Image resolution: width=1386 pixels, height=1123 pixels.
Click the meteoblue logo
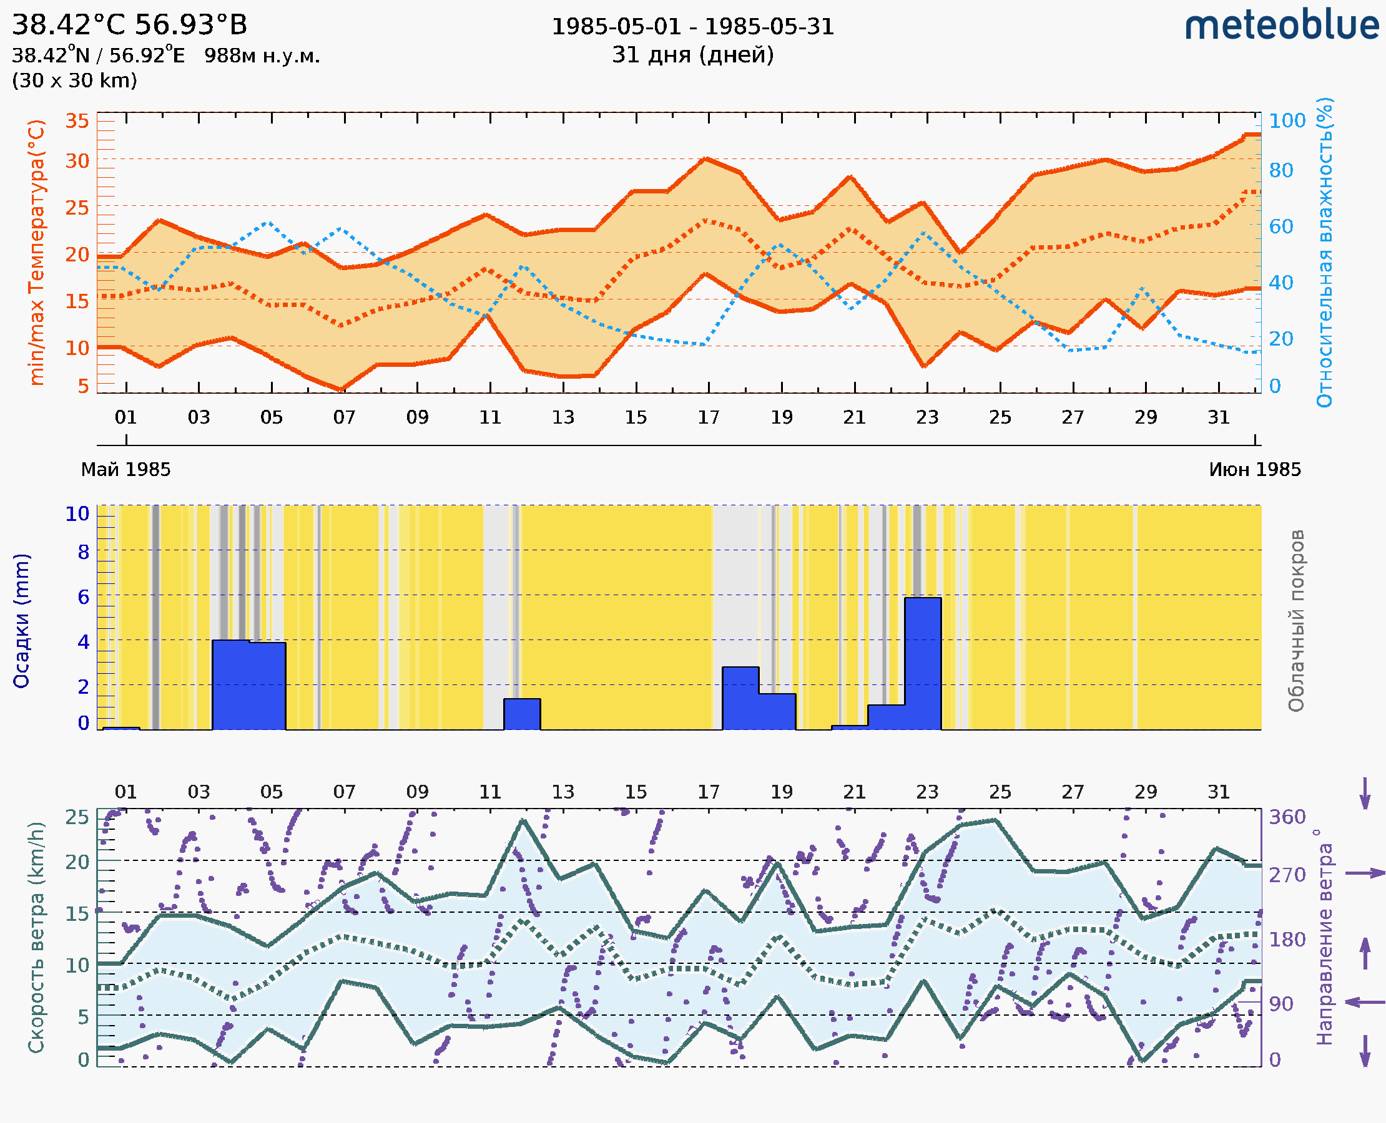(1282, 26)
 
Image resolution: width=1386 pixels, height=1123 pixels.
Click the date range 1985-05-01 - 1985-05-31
(692, 27)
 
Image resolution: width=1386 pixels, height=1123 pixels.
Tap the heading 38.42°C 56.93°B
(129, 25)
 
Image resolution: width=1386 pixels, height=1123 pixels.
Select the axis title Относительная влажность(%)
(1324, 252)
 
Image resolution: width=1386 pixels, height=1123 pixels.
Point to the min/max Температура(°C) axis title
(37, 252)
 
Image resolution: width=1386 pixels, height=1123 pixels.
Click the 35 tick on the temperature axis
(77, 121)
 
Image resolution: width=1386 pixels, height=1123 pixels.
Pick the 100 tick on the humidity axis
(1287, 121)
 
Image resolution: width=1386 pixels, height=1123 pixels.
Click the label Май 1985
(125, 470)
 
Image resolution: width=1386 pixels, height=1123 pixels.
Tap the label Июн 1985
(1255, 470)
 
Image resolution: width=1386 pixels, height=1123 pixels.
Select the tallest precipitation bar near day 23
(923, 663)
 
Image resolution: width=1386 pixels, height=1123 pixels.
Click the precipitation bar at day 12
(522, 714)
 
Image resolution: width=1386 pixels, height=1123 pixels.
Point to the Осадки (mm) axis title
(21, 621)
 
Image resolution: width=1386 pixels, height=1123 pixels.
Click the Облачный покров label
(1296, 621)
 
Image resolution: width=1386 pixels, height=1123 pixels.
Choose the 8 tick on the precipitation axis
(84, 552)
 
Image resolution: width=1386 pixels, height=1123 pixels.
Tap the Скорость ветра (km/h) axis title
(36, 938)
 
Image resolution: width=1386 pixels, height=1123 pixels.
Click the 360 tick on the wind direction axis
(1287, 817)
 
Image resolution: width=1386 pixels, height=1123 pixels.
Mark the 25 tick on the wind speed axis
(77, 817)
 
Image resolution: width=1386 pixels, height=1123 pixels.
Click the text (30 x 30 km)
(74, 81)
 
